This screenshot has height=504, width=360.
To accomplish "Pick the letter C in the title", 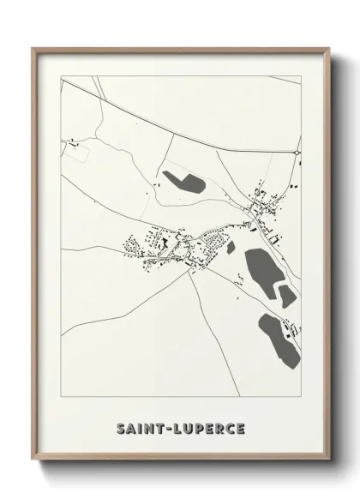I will coord(230,427).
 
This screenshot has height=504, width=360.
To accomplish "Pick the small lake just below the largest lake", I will coord(287,296).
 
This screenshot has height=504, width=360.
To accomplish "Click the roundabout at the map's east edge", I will coord(297,152).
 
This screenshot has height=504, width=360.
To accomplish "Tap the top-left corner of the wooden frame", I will coord(33,48).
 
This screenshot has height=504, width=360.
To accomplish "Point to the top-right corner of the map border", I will coord(302,75).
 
